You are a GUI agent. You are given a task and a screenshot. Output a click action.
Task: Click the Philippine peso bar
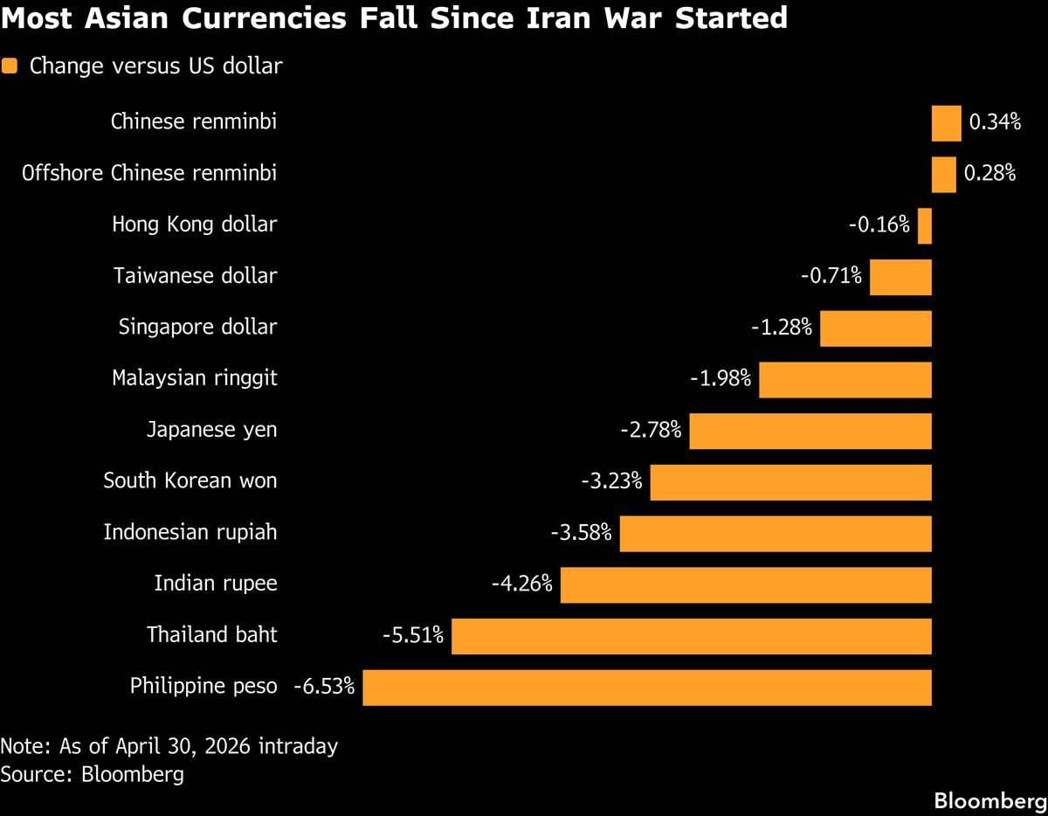pos(646,688)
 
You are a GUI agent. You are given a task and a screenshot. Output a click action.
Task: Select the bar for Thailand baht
pos(691,636)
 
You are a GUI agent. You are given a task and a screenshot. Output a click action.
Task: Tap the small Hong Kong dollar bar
pos(925,225)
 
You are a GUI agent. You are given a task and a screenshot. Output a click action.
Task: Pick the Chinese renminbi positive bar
pos(946,122)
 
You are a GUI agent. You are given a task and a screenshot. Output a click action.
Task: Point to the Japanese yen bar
pos(810,431)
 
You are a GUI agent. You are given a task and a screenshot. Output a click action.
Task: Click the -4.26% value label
pos(521,584)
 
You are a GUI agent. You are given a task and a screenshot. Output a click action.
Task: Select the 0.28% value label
pos(989,174)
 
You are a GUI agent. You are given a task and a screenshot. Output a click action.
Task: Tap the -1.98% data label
pos(720,379)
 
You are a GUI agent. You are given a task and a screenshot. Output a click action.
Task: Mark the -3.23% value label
pos(611,481)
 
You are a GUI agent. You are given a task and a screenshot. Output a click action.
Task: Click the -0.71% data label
pos(831,277)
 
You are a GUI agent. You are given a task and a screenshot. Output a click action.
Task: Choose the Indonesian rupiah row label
pos(190,532)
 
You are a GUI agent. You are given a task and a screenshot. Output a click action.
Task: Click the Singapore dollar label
pos(197,328)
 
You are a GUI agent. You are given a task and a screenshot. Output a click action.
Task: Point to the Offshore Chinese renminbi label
pos(149,174)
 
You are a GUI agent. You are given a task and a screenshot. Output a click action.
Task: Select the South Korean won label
pos(190,481)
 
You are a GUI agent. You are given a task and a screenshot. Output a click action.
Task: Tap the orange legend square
pos(10,66)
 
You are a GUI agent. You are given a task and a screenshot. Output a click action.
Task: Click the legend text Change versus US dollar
pos(155,66)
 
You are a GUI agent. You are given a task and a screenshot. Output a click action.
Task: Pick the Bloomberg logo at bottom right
pos(989,800)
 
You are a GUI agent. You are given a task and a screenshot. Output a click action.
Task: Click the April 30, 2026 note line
pos(169,747)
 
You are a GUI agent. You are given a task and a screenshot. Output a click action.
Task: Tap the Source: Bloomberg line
pos(92,774)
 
